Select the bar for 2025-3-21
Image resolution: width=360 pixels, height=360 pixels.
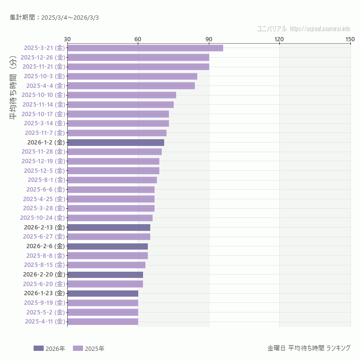pos(145,48)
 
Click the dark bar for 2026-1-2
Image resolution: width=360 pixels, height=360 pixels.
pos(116,143)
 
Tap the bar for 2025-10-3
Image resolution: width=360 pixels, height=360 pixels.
pos(132,76)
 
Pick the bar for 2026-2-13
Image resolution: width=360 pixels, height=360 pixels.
pos(108,228)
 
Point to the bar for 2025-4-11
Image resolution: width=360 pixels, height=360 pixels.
pos(103,322)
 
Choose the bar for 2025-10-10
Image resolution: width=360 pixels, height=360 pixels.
pos(121,95)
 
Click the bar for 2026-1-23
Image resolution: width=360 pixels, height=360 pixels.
pos(103,293)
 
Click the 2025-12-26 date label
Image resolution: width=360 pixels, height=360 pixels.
pos(43,57)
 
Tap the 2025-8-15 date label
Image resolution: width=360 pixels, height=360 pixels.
pos(44,264)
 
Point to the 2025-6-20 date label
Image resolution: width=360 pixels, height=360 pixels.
pos(44,284)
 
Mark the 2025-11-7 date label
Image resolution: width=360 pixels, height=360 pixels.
pos(45,132)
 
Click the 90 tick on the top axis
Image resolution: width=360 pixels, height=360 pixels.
pos(209,39)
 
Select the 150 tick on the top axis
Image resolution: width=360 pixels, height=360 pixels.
pos(350,39)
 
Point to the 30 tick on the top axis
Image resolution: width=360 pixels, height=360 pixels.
pos(67,39)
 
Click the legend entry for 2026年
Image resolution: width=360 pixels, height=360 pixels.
pos(49,348)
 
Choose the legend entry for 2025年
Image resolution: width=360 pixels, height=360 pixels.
pos(89,348)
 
